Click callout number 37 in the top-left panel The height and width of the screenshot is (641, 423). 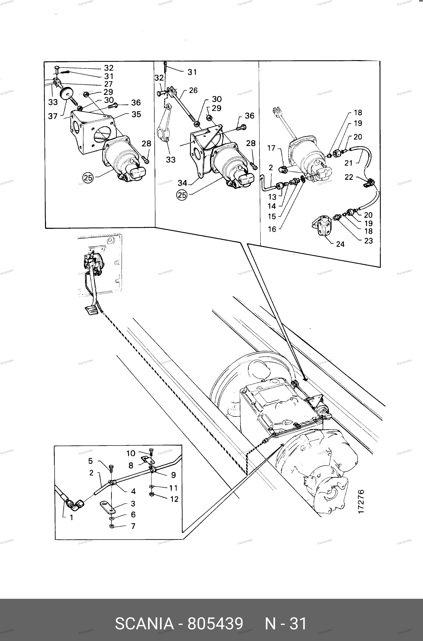pyautogui.click(x=53, y=116)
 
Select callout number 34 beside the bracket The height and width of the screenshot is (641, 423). pyautogui.click(x=182, y=183)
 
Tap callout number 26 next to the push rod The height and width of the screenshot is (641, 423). pyautogui.click(x=193, y=90)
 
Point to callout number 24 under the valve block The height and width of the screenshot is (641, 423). pyautogui.click(x=340, y=244)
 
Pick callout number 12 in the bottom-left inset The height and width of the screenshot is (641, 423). pyautogui.click(x=174, y=499)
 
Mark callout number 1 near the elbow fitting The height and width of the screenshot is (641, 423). pyautogui.click(x=71, y=518)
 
